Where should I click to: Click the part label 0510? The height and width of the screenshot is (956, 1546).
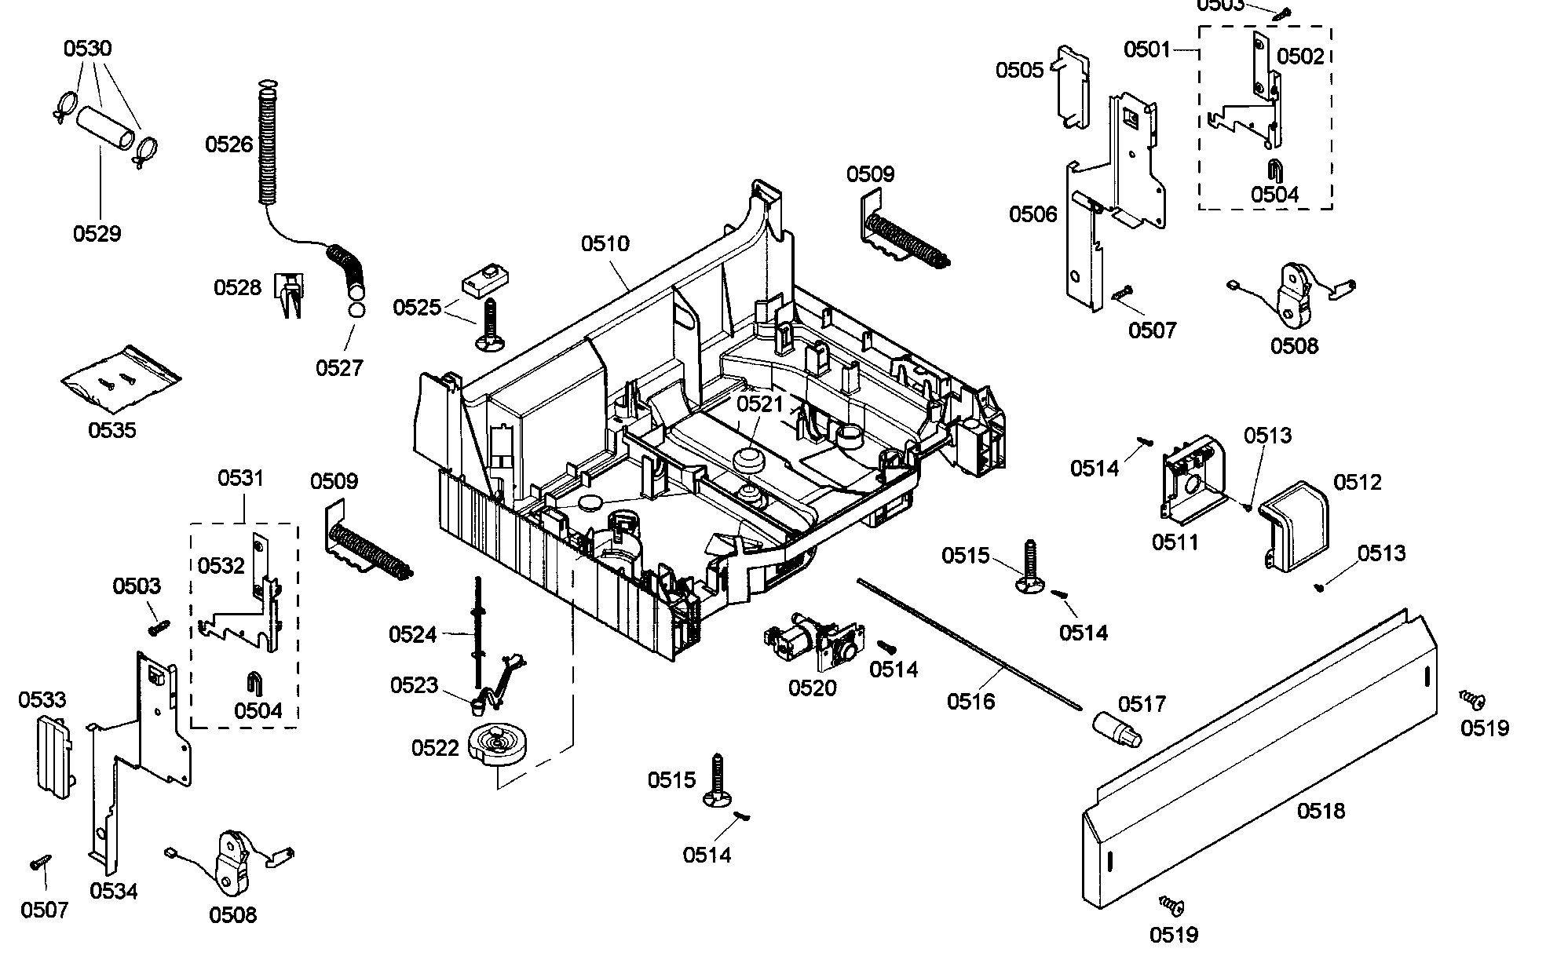coord(605,243)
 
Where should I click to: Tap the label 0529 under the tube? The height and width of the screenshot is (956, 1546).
coord(97,233)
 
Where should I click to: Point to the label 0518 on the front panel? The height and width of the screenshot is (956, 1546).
coord(1321,811)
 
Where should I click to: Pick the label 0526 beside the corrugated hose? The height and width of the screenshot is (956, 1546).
coord(228,144)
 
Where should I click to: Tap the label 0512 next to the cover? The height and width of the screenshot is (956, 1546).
coord(1357,482)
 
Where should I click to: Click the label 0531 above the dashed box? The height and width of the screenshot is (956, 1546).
coord(240,477)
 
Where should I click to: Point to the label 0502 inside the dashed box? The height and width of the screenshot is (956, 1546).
coord(1300,56)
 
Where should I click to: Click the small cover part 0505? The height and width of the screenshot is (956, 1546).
coord(1073,86)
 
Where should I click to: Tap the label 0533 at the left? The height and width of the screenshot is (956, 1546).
coord(42,699)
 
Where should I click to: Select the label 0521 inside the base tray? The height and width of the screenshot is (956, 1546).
coord(759,404)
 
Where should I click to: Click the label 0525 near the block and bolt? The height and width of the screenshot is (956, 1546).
coord(416,307)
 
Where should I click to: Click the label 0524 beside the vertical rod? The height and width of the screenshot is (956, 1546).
coord(412,633)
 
